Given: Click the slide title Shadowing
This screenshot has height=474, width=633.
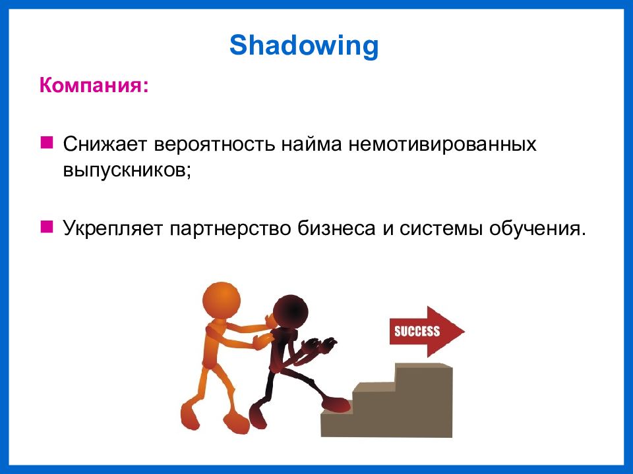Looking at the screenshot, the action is point(304,45).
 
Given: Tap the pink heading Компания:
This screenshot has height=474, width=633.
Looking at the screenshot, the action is point(94,86).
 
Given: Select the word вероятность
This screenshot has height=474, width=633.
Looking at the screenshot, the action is point(214,144).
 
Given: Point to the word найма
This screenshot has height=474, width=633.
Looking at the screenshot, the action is point(311,144).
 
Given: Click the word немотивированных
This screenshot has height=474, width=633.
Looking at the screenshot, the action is point(442,144).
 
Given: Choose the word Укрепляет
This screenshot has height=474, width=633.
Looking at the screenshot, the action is point(113,228).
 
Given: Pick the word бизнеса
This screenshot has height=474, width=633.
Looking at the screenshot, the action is point(336,228).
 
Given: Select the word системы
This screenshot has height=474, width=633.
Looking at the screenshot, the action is point(441,229).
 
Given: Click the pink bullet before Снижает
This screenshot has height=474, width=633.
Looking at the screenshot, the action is point(47,142).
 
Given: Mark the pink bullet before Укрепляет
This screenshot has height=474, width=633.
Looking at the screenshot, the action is point(47,226).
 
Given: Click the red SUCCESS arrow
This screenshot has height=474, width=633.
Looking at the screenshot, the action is point(427,331).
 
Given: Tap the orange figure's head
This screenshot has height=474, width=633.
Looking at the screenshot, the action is point(222,302).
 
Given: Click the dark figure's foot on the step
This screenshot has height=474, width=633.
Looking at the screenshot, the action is point(335,404).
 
